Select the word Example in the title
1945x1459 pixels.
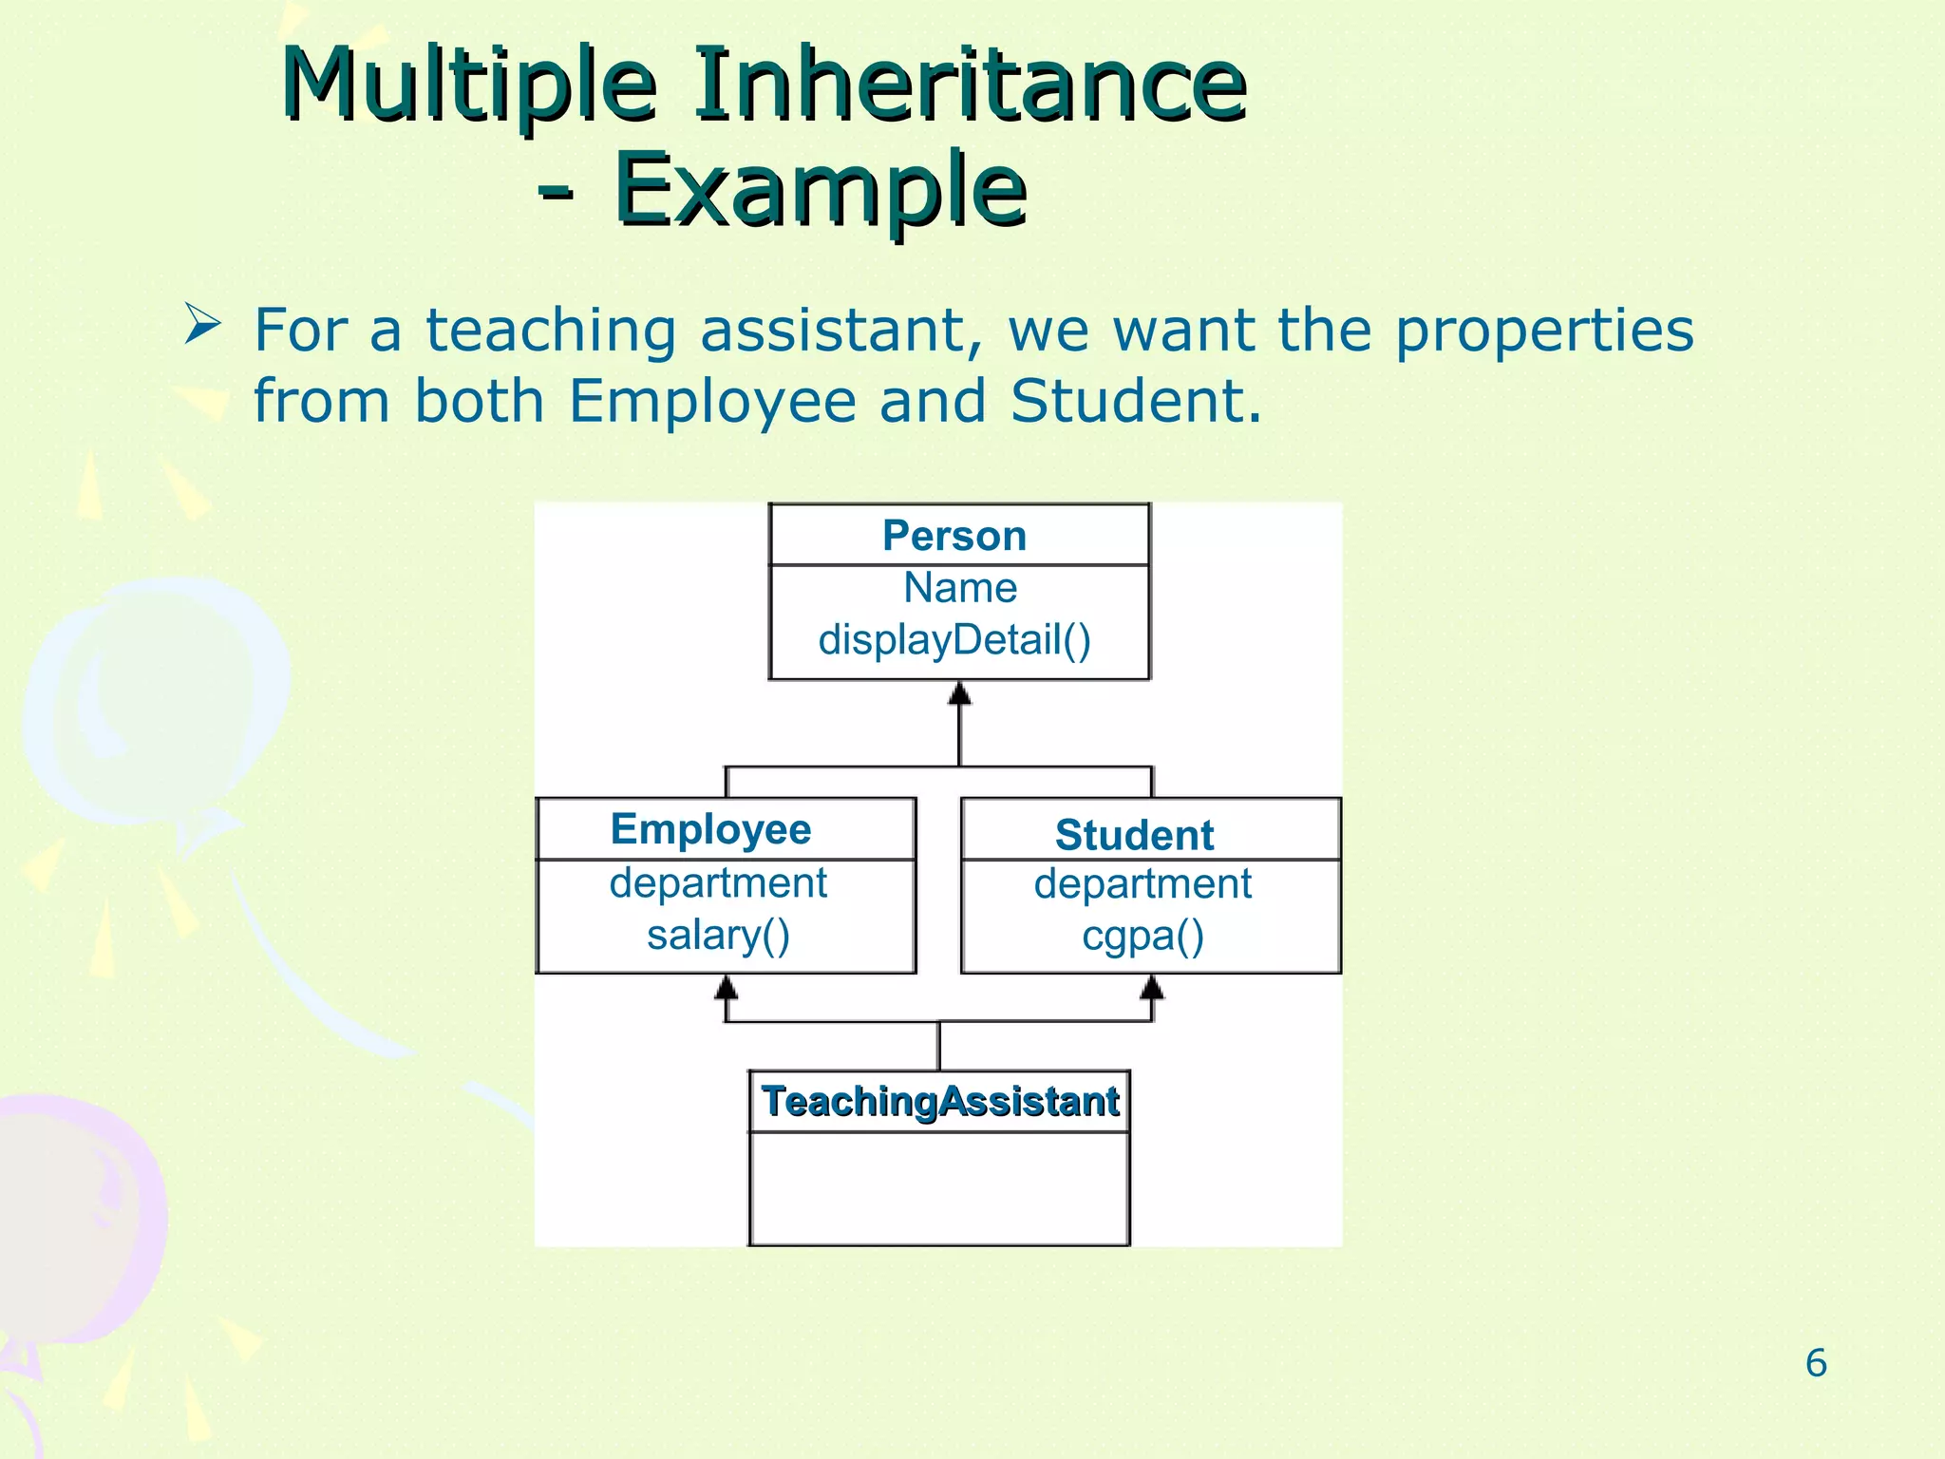coord(821,190)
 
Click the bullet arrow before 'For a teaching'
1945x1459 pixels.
coord(202,325)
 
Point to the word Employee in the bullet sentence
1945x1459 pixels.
coord(712,401)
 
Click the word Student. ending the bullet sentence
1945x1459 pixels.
coord(1136,401)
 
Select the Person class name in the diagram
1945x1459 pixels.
coord(954,536)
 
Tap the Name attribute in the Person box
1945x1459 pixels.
coord(960,588)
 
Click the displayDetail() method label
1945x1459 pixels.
coord(954,640)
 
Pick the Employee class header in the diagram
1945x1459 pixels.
coord(711,829)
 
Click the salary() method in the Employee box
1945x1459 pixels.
coord(719,936)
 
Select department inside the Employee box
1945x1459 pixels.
coord(718,883)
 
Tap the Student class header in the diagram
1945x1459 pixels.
coord(1134,836)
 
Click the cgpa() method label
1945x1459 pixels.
coord(1143,937)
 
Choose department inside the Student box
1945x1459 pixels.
coord(1142,884)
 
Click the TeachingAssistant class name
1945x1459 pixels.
coord(940,1102)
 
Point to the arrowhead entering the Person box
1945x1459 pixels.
coord(960,692)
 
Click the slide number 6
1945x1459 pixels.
coord(1816,1363)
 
